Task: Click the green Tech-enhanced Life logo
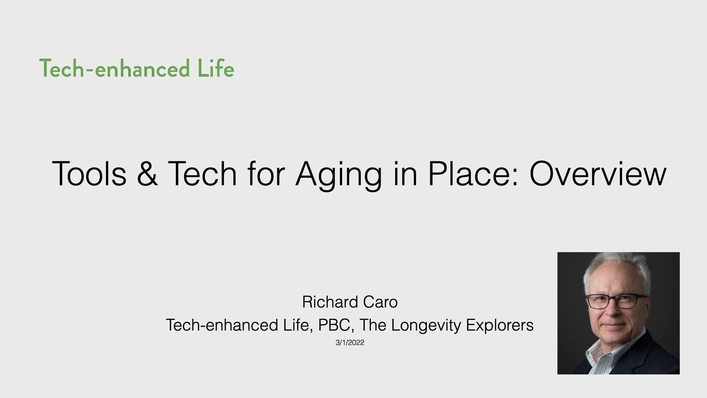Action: pyautogui.click(x=137, y=69)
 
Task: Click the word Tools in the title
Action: pyautogui.click(x=89, y=174)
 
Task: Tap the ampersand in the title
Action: pyautogui.click(x=147, y=174)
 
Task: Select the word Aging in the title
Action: pyautogui.click(x=339, y=176)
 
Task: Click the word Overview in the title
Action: pyautogui.click(x=598, y=174)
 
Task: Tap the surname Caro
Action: pyautogui.click(x=380, y=302)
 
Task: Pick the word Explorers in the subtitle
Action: pyautogui.click(x=500, y=326)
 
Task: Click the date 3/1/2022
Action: pyautogui.click(x=350, y=343)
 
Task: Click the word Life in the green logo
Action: pyautogui.click(x=216, y=69)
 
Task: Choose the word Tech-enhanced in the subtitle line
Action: pyautogui.click(x=222, y=325)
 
